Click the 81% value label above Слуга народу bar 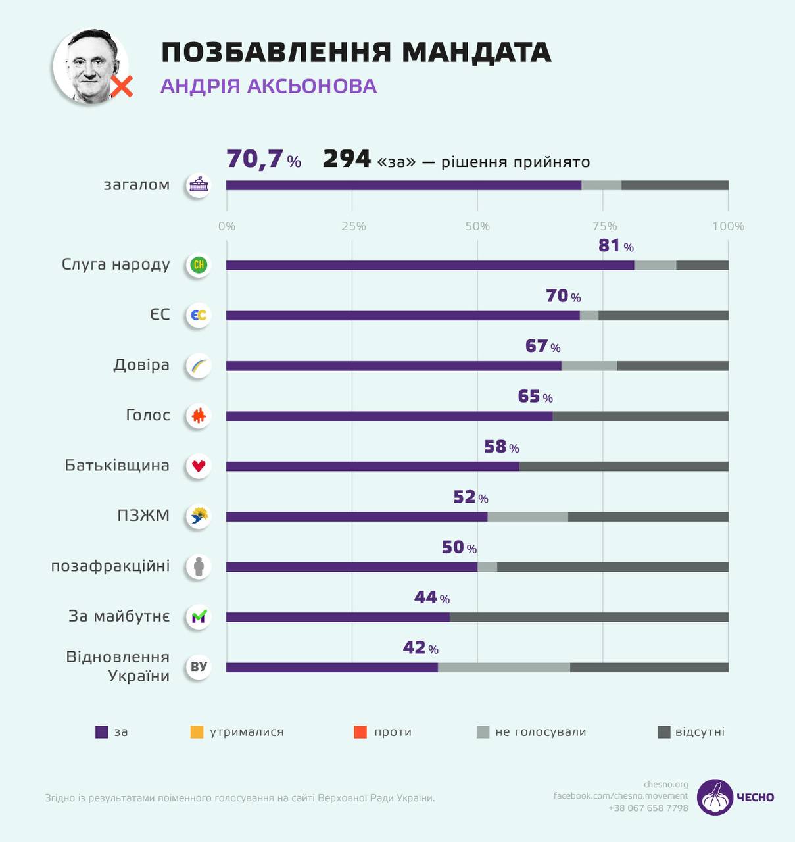615,246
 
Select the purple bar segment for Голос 389,416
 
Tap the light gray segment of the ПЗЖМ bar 527,517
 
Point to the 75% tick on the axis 604,226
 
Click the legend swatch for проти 360,732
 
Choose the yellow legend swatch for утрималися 197,732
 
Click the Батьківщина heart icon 199,466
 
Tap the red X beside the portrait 122,86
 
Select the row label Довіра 141,365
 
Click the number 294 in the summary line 347,159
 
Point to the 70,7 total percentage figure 255,159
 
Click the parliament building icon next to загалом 198,186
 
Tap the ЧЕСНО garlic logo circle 715,797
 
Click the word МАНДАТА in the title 476,53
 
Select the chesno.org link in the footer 665,784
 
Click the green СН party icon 199,265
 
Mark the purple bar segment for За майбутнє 338,618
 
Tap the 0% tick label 227,226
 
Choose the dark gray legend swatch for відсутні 664,732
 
